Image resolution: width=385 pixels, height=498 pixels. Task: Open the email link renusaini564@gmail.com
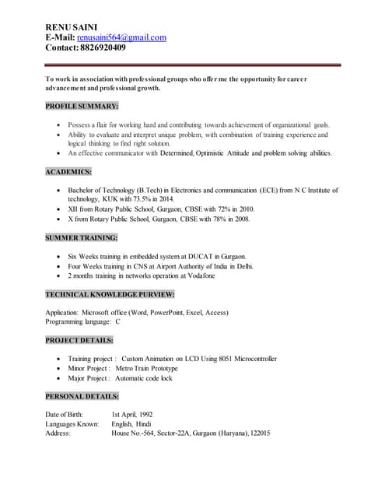pyautogui.click(x=121, y=37)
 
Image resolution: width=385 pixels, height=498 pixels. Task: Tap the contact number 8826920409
pyautogui.click(x=103, y=47)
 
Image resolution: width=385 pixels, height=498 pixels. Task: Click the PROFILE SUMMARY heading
pyautogui.click(x=82, y=106)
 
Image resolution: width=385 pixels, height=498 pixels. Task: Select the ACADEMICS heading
pyautogui.click(x=68, y=171)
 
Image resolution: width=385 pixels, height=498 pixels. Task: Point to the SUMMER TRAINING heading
pyautogui.click(x=82, y=237)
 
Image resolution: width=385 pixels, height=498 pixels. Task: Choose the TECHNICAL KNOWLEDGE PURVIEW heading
pyautogui.click(x=110, y=294)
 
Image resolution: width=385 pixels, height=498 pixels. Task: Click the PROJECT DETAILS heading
pyautogui.click(x=79, y=340)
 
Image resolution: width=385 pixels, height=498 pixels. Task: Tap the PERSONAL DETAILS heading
pyautogui.click(x=82, y=396)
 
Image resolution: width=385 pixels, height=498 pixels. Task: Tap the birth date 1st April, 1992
pyautogui.click(x=132, y=415)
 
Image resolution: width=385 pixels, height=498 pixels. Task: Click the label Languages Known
pyautogui.click(x=72, y=424)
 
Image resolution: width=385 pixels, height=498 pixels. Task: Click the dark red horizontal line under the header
pyautogui.click(x=193, y=65)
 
